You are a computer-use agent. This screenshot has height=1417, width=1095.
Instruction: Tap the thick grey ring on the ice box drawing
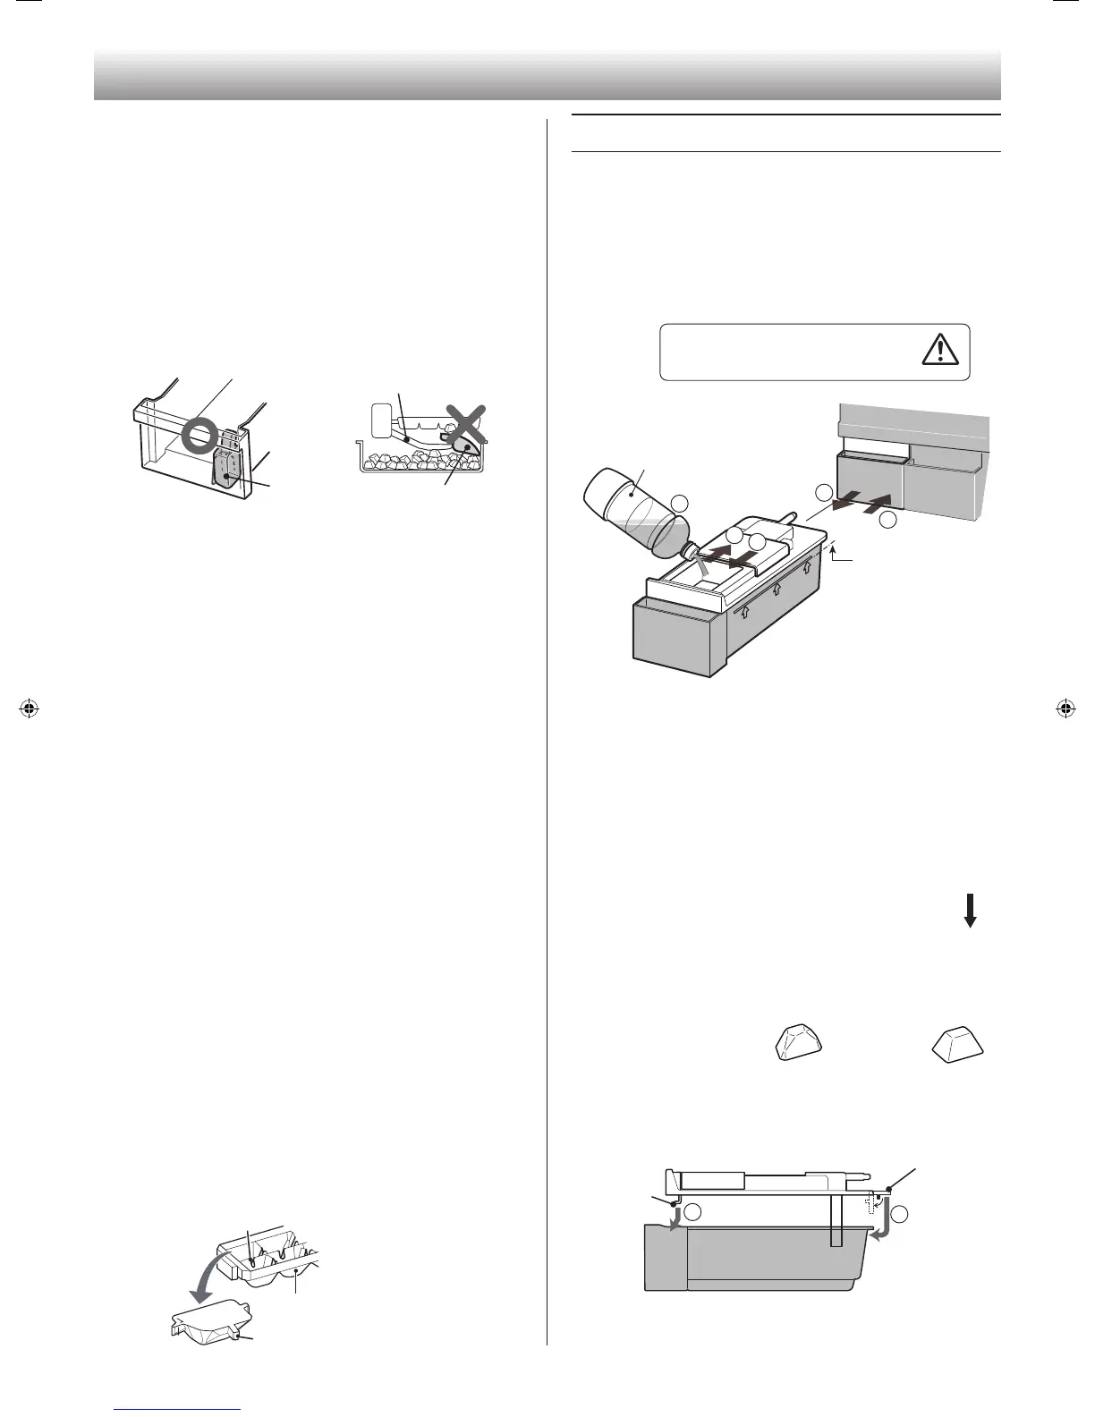point(199,436)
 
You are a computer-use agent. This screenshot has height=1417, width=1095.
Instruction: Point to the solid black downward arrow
point(970,911)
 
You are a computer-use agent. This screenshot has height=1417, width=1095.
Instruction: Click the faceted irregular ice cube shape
point(797,1043)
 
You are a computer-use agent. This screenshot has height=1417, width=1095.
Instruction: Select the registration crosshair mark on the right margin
point(1065,709)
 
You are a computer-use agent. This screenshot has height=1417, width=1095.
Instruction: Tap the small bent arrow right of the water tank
point(835,556)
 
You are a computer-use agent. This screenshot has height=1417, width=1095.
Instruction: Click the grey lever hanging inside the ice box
point(226,467)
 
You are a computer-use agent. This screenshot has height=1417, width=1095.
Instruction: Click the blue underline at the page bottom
point(178,1411)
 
